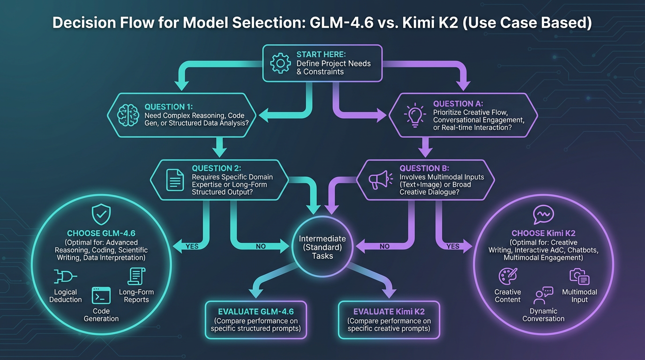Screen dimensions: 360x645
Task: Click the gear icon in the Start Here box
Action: tap(281, 63)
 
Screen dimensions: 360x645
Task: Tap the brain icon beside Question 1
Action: tap(127, 115)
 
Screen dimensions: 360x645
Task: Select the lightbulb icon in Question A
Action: tap(414, 115)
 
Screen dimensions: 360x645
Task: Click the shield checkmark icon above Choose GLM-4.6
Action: tap(101, 215)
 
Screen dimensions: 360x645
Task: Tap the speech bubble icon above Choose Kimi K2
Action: tap(543, 215)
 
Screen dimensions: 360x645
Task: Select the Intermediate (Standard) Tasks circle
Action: tap(322, 247)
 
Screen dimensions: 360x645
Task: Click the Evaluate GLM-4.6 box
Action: tap(256, 320)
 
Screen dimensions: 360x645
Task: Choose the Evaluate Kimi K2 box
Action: tap(389, 320)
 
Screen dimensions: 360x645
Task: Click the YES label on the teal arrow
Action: tap(192, 246)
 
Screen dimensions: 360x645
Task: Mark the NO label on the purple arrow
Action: tap(384, 246)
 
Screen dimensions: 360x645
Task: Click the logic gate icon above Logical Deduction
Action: tap(66, 277)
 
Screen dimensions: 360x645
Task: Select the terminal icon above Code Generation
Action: tap(101, 296)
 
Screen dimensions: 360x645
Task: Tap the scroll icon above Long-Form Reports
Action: tap(136, 277)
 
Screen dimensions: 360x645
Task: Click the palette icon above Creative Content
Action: tap(508, 277)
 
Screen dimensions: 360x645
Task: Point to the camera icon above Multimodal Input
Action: tap(579, 277)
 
